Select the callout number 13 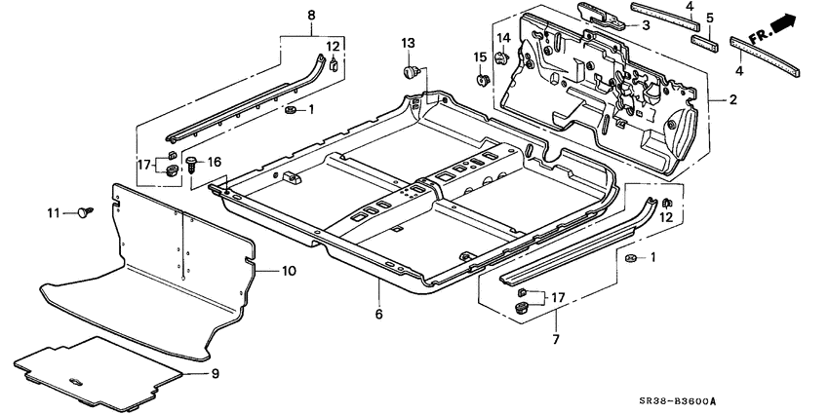(408, 43)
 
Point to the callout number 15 (480, 56)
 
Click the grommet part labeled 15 (481, 77)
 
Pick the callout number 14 (504, 39)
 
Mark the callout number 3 (645, 25)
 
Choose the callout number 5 (711, 18)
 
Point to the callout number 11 (54, 211)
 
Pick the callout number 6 (377, 314)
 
